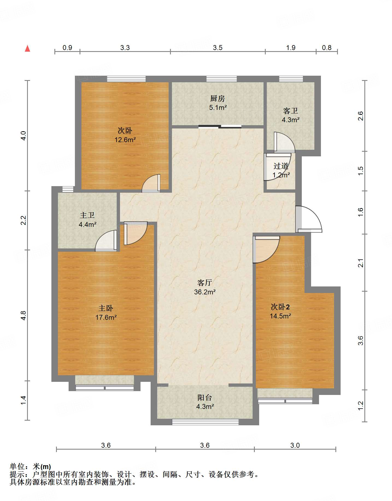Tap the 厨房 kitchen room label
point(218,98)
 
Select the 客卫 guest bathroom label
point(290,111)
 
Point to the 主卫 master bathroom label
point(87,215)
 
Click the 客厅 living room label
point(205,283)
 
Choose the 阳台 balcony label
point(205,397)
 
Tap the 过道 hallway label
point(281,166)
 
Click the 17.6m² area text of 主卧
point(106,317)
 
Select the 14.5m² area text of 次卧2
point(280,316)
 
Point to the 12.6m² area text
point(125,140)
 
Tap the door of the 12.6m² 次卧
point(151,183)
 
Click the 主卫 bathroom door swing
point(106,241)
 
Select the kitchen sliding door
point(220,127)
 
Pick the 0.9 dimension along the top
point(67,48)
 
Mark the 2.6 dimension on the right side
point(361,116)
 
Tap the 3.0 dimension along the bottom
point(295,445)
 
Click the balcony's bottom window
point(205,422)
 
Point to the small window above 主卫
point(68,189)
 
